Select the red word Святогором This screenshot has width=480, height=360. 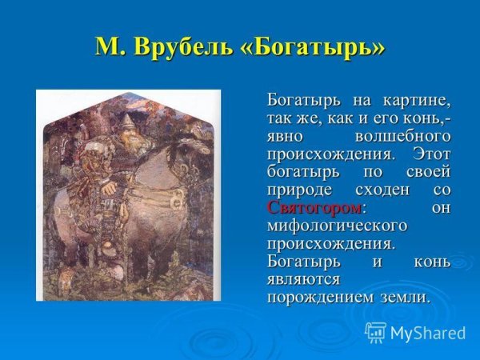(x=314, y=208)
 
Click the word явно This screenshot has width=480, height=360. (x=285, y=137)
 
